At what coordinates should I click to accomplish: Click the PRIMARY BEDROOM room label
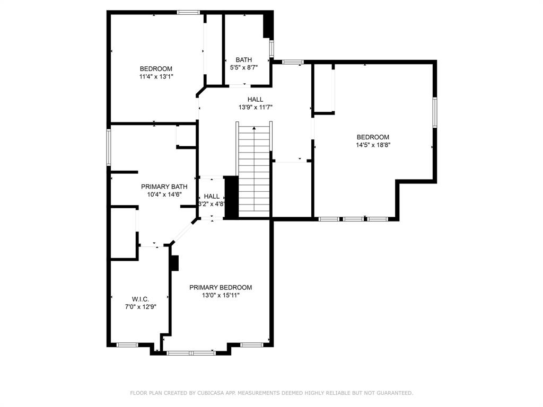pyautogui.click(x=221, y=287)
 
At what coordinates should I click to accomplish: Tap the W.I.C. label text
pyautogui.click(x=140, y=299)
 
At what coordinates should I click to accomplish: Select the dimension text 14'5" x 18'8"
pyautogui.click(x=373, y=145)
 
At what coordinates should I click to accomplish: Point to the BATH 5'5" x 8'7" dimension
pyautogui.click(x=244, y=67)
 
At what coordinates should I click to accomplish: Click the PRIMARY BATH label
pyautogui.click(x=164, y=187)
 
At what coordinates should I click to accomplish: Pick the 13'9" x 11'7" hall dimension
pyautogui.click(x=255, y=107)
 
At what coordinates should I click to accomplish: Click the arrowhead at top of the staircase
pyautogui.click(x=254, y=128)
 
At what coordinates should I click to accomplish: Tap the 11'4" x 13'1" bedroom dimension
pyautogui.click(x=156, y=76)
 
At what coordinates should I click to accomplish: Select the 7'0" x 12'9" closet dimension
pyautogui.click(x=141, y=307)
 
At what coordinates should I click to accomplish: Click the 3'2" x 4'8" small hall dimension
pyautogui.click(x=212, y=204)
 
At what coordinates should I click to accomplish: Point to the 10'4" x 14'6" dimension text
pyautogui.click(x=164, y=194)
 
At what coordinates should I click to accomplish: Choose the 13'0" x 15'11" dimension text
pyautogui.click(x=221, y=295)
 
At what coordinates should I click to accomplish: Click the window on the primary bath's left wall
pyautogui.click(x=108, y=147)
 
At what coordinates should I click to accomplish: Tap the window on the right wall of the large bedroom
pyautogui.click(x=435, y=112)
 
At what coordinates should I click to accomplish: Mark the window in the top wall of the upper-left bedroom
pyautogui.click(x=188, y=13)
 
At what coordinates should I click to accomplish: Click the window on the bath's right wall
pyautogui.click(x=272, y=49)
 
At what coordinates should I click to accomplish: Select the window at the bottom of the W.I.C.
pyautogui.click(x=127, y=344)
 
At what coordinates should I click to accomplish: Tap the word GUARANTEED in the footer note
pyautogui.click(x=395, y=393)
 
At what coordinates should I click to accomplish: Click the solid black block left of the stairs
pyautogui.click(x=232, y=197)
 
